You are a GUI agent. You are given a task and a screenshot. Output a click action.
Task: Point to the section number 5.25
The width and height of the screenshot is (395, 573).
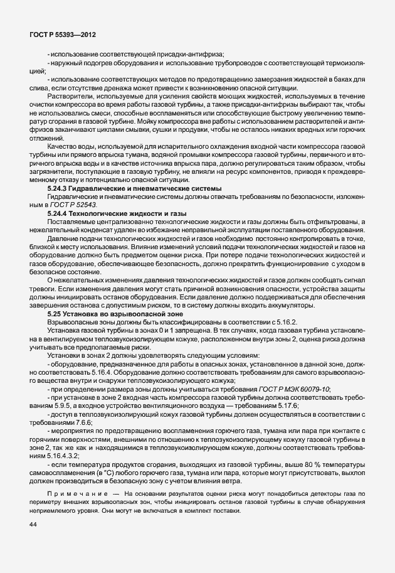(x=55, y=312)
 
